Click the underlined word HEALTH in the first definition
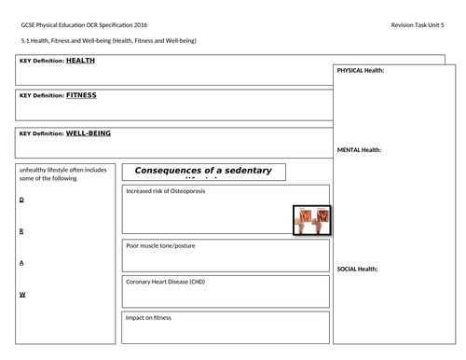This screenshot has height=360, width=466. pyautogui.click(x=80, y=60)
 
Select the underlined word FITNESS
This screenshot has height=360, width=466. pyautogui.click(x=81, y=95)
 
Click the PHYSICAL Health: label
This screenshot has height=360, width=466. pyautogui.click(x=360, y=71)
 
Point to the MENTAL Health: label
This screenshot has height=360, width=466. pyautogui.click(x=358, y=149)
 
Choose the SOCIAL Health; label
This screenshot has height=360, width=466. pyautogui.click(x=357, y=269)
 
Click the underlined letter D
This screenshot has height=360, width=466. pyautogui.click(x=21, y=200)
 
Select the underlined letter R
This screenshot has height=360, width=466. pyautogui.click(x=21, y=230)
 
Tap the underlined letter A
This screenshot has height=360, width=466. pyautogui.click(x=21, y=262)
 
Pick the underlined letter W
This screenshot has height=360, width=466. pyautogui.click(x=21, y=294)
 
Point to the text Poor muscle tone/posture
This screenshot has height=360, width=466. pyautogui.click(x=160, y=245)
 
